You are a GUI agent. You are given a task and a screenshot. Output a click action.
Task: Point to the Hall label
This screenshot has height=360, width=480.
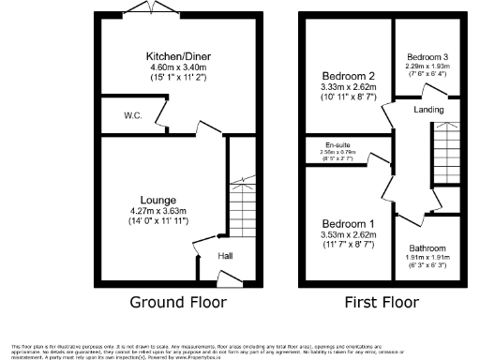click(x=226, y=255)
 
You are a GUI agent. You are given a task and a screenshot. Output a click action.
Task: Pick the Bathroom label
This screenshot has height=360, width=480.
click(x=427, y=248)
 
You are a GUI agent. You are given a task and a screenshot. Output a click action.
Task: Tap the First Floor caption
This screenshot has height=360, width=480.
click(x=380, y=303)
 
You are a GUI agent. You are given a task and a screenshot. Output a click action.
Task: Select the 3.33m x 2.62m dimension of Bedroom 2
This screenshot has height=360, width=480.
click(x=348, y=87)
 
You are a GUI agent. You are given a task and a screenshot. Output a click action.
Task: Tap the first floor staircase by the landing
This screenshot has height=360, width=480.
click(x=446, y=155)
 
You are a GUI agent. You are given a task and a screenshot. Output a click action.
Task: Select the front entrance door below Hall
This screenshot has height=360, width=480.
click(x=228, y=277)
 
